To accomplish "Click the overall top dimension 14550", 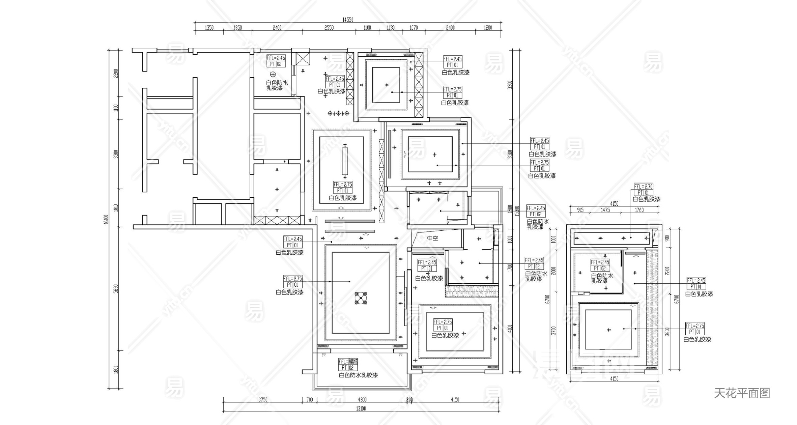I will pos(348,20).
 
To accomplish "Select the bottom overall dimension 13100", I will pos(361,408).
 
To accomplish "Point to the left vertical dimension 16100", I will pos(106,219).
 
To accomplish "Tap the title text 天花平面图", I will pos(742,393).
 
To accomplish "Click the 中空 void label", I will pos(433,238).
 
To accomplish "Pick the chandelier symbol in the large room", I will pos(361,299).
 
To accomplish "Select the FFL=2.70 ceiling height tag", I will pos(643,187).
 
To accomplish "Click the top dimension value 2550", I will pos(329,28).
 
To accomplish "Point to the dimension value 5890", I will pos(116,289).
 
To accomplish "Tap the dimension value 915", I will pos(580,210).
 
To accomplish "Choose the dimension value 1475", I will pos(605,210).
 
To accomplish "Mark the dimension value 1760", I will pos(639,210).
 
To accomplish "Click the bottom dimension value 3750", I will pos(263,400).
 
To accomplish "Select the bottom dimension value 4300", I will pos(362,400).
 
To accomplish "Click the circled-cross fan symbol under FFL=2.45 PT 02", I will pos(273,74).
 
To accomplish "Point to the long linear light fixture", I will pos(345,161).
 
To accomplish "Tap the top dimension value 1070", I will pos(414,28).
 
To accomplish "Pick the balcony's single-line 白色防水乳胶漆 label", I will pos(358,375).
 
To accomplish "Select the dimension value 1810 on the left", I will pos(116,208).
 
